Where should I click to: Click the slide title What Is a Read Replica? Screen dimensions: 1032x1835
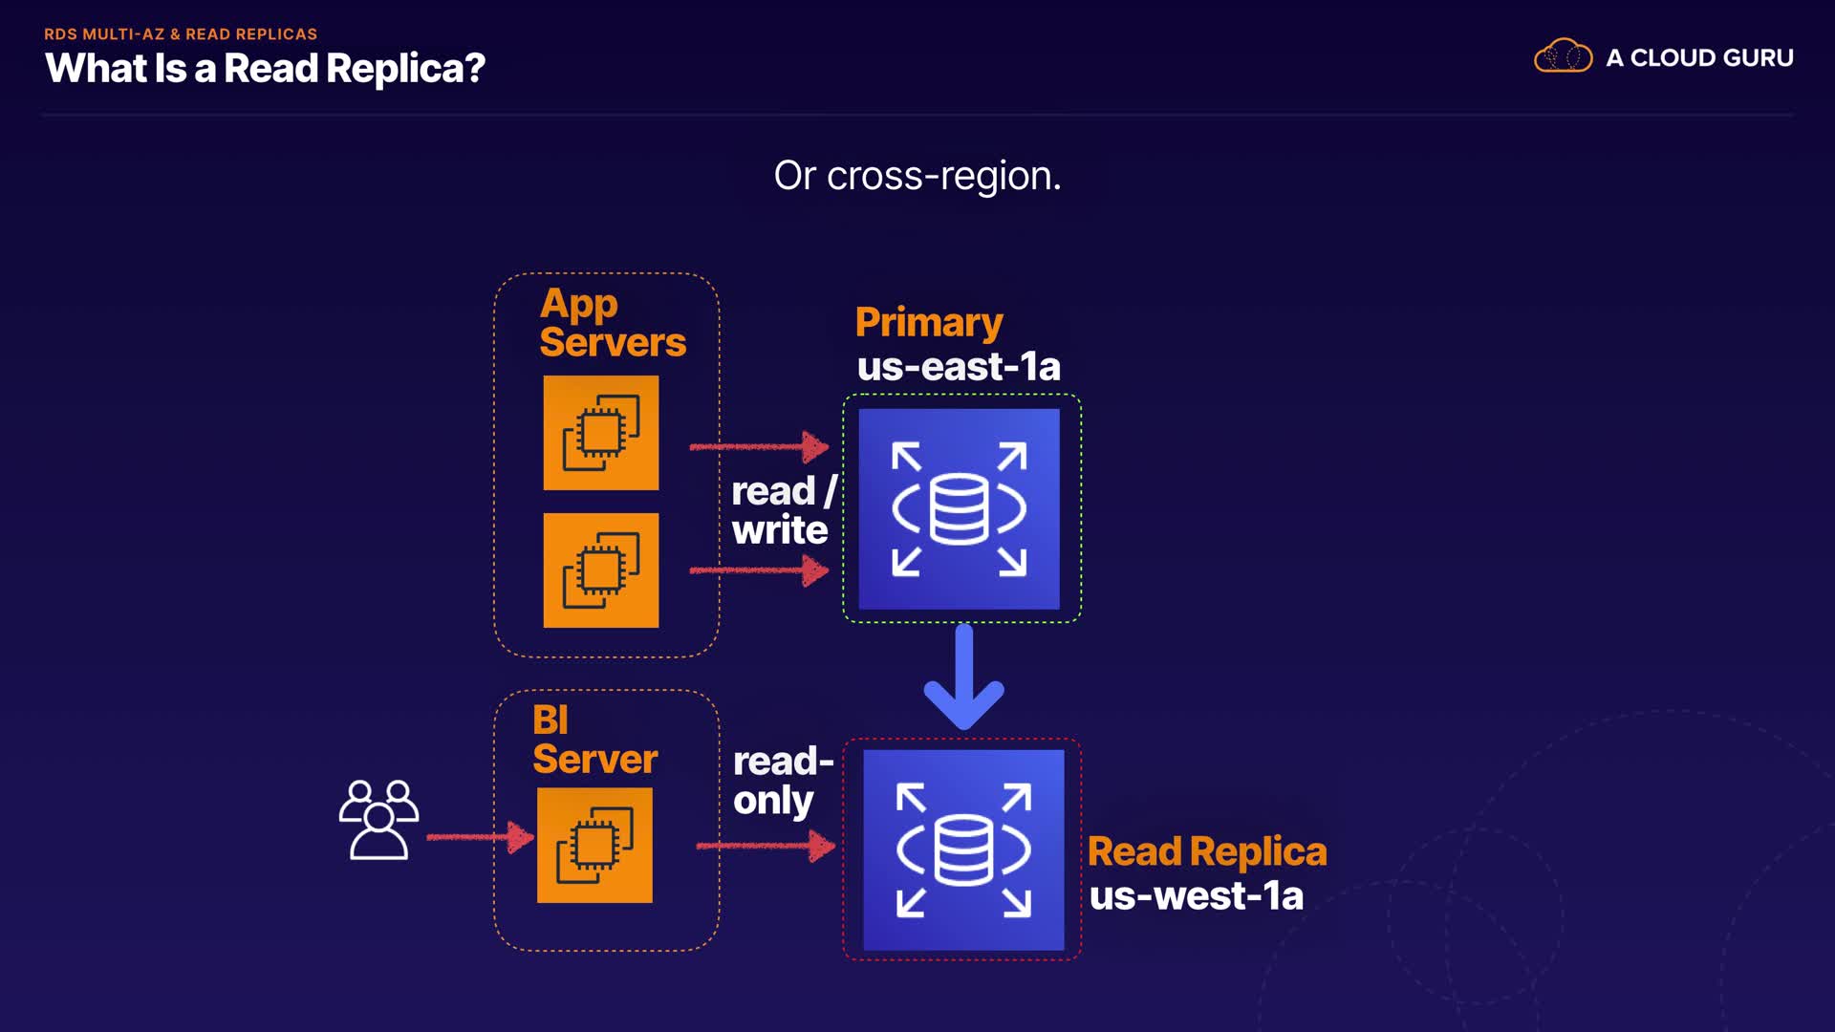click(265, 69)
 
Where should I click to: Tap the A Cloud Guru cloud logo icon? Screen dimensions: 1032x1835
click(1563, 56)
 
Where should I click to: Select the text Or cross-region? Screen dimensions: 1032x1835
click(917, 176)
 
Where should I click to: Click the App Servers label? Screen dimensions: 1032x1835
click(612, 323)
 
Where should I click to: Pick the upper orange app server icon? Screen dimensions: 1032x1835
click(600, 433)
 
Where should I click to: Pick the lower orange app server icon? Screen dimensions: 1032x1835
click(600, 570)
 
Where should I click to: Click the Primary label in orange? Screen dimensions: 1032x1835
click(929, 322)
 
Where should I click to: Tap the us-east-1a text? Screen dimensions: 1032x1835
click(959, 367)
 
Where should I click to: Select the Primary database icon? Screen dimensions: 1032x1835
click(959, 509)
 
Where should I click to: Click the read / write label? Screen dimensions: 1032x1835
click(782, 510)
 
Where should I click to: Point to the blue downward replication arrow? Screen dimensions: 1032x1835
click(963, 677)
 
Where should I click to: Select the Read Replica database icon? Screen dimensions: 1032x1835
click(963, 849)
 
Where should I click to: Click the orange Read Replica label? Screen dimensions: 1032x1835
click(1207, 851)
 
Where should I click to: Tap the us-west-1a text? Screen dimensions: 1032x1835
click(1197, 896)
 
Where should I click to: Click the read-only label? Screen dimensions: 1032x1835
click(782, 781)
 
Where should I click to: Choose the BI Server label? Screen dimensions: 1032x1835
click(594, 740)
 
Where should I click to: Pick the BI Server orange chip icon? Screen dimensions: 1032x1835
click(594, 845)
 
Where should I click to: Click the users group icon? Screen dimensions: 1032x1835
click(378, 820)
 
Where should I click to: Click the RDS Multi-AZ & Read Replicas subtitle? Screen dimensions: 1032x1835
click(181, 34)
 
